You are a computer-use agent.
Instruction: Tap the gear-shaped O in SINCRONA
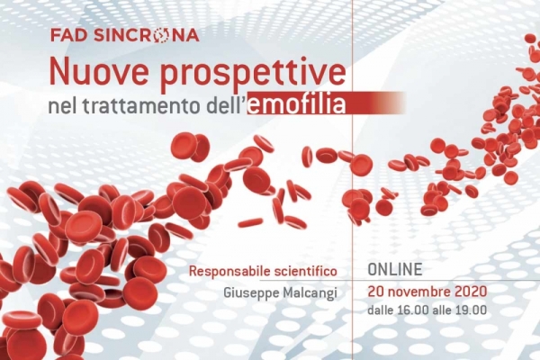coord(160,35)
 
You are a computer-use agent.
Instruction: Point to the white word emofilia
coord(296,105)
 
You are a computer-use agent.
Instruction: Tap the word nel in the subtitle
coord(63,106)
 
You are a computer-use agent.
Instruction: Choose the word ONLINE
coord(395,269)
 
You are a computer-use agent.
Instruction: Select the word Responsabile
coord(229,272)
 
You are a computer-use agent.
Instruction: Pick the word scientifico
coord(305,271)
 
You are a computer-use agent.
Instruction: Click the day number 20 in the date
coord(375,292)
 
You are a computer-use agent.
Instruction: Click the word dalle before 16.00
coord(380,310)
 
